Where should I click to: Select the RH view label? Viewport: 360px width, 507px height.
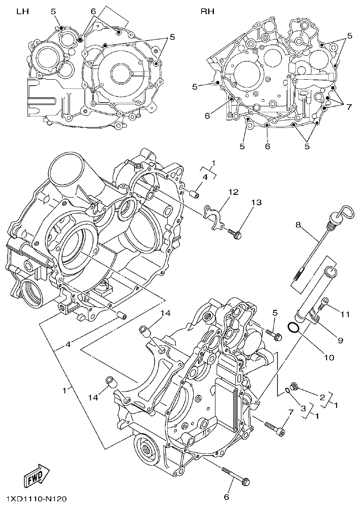(207, 12)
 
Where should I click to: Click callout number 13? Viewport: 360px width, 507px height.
(256, 203)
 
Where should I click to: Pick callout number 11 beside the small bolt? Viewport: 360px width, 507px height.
(345, 314)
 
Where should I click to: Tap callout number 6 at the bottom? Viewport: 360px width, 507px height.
(226, 496)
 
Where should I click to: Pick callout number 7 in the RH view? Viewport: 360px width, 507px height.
(349, 107)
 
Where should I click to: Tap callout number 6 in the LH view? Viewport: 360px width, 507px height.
(93, 11)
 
